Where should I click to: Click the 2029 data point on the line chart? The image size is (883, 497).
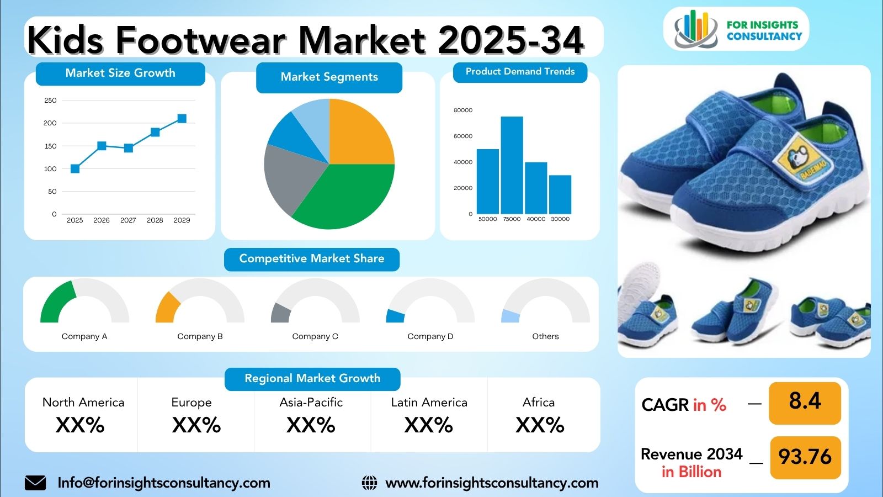pos(182,119)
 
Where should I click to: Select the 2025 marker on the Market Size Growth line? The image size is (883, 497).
pos(75,168)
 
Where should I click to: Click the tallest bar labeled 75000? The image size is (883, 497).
pos(512,165)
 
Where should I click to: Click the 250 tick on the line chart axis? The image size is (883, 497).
pos(50,101)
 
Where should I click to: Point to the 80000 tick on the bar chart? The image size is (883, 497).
pos(463,110)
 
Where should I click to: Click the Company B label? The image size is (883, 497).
pos(200,336)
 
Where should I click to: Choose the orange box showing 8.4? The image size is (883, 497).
pos(805,401)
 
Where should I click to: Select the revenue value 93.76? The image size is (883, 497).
pos(805,457)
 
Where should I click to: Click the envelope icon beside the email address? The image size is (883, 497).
pos(35,483)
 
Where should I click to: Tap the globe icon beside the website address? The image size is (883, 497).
pos(369,483)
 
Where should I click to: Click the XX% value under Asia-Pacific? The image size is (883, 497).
pos(311,425)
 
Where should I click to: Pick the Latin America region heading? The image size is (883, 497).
pos(429,403)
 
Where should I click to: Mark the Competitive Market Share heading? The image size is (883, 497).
pos(311,259)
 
